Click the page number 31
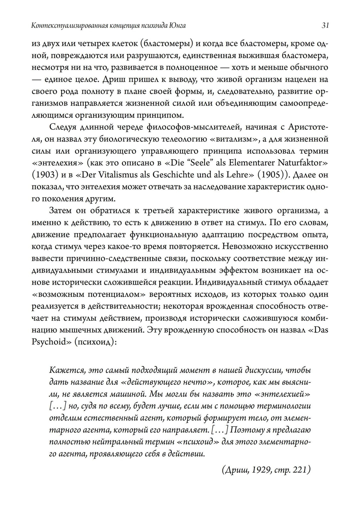click(x=324, y=26)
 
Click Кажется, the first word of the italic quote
click(x=66, y=370)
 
